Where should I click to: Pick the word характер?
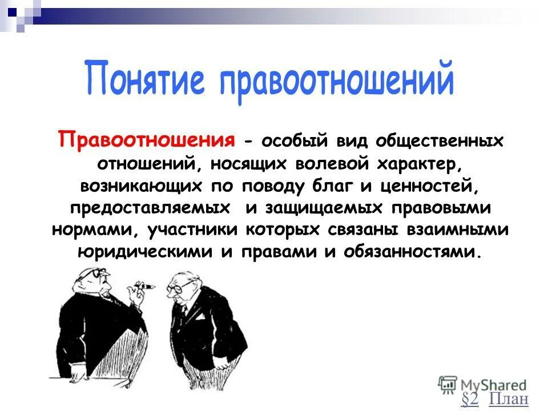click(x=417, y=163)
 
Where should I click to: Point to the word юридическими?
click(x=145, y=251)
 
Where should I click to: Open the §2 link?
click(x=469, y=399)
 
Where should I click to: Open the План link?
click(x=509, y=399)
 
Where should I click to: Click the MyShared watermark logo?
click(x=482, y=384)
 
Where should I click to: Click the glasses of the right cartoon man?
click(x=179, y=287)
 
